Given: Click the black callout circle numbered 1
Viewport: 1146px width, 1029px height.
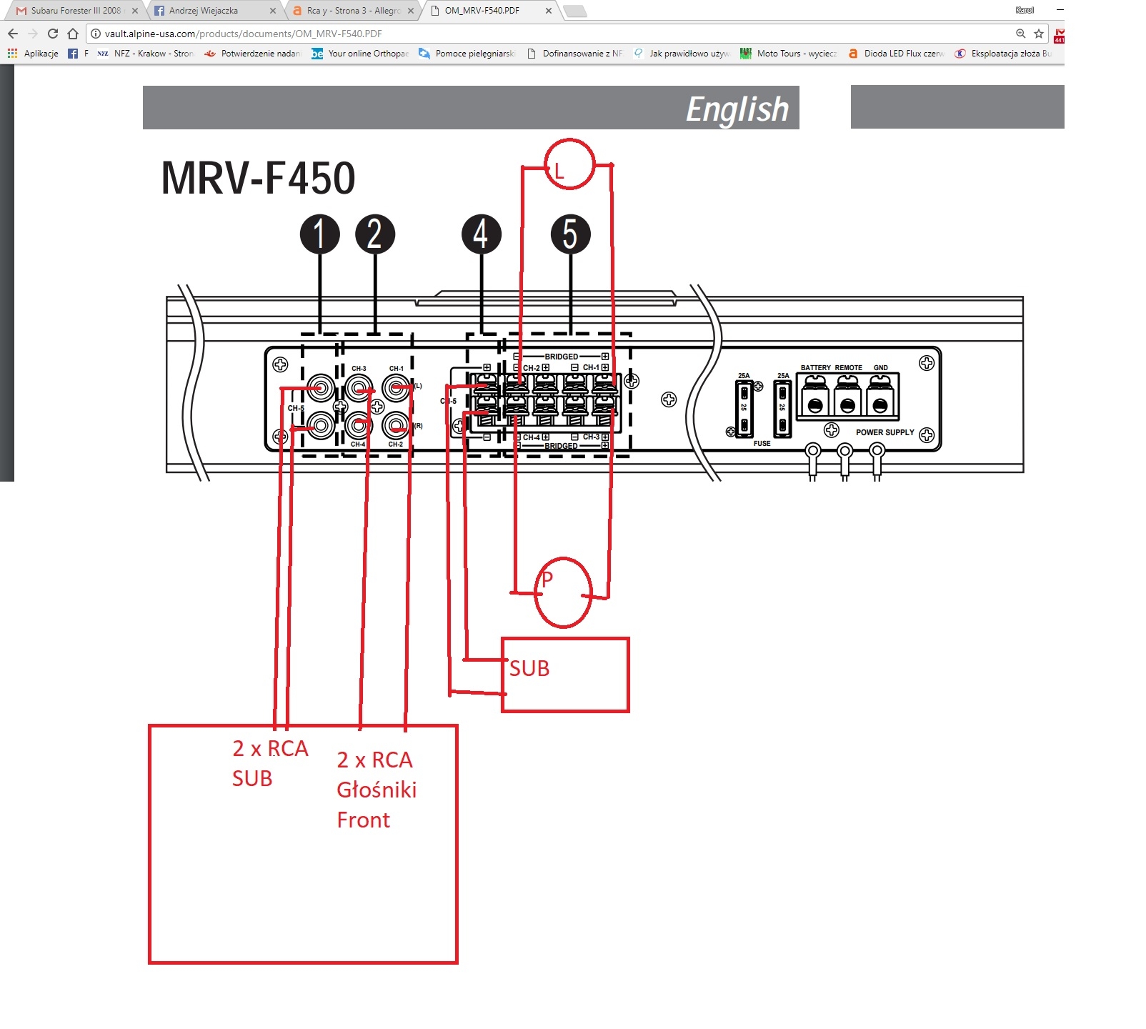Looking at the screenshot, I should (x=319, y=234).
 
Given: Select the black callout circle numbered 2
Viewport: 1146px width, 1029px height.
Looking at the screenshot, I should (x=375, y=234).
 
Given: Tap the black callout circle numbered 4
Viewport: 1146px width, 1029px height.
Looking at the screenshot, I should (x=482, y=234).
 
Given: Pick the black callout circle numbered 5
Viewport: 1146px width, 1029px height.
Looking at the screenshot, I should (x=570, y=234).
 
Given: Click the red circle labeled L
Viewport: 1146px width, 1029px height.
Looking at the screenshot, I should (x=569, y=164).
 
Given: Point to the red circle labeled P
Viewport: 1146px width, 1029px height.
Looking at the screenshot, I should (x=564, y=592).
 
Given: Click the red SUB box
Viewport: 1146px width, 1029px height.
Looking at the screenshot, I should (x=565, y=675).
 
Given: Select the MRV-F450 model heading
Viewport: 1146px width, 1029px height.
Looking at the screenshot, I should (x=258, y=178).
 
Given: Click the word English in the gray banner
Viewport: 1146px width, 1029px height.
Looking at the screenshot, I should (x=737, y=109).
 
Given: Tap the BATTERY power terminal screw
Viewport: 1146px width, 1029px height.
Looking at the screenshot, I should (x=814, y=405).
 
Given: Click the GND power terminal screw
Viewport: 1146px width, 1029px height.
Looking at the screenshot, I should (x=880, y=405).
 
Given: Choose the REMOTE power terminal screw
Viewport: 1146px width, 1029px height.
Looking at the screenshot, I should (x=847, y=405).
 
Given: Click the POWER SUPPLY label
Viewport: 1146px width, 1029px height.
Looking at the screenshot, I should (x=885, y=432).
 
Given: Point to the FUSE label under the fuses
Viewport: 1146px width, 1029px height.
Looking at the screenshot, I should (x=762, y=444).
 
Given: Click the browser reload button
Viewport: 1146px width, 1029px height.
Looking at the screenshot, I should (x=53, y=34).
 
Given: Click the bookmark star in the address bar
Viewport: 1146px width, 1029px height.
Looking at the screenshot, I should (x=1039, y=34).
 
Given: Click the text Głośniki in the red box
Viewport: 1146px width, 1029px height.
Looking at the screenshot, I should (x=377, y=790).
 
